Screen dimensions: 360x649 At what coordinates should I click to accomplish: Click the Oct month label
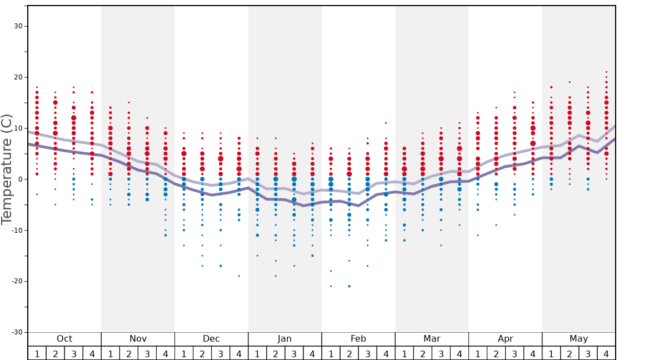coord(64,339)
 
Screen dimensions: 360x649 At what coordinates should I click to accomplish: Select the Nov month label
coord(138,339)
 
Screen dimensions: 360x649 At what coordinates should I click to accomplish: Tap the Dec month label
coord(211,339)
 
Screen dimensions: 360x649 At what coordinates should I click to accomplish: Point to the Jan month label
coord(284,339)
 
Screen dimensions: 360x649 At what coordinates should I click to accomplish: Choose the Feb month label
coord(358,339)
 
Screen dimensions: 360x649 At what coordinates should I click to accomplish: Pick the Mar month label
coord(432,339)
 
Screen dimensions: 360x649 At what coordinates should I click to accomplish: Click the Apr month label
coord(505,339)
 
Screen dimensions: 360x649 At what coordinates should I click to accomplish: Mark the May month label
coord(578,339)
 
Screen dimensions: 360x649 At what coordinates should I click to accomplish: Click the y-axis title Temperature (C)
coord(7,169)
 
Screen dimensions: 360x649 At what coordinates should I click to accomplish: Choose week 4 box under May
coord(606,353)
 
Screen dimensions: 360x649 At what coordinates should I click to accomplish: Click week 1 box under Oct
coord(37,353)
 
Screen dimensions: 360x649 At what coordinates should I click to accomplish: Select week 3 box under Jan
coord(294,353)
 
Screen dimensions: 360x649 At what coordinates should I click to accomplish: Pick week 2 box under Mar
coord(423,353)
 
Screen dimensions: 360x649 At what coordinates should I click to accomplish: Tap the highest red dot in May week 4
coord(606,72)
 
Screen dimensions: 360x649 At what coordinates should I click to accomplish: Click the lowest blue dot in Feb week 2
coord(349,286)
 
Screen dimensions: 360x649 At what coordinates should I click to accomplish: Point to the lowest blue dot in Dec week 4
coord(239,276)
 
